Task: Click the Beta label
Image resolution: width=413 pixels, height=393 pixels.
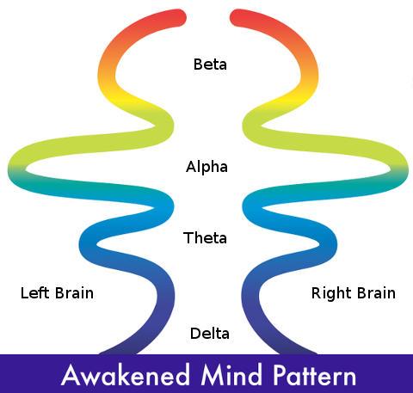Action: point(210,64)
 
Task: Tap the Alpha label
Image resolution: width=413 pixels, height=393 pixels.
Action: point(206,167)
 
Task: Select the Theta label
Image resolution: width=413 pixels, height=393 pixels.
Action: point(205,237)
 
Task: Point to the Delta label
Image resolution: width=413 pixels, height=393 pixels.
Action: point(210,334)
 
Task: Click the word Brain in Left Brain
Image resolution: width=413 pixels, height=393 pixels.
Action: point(74,293)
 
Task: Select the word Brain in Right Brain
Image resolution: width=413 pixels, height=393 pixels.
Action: point(376,293)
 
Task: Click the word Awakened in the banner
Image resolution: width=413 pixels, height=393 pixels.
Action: point(126,375)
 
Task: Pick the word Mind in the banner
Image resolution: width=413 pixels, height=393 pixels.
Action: point(231,374)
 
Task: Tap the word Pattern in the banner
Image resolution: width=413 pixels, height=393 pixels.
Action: point(314,375)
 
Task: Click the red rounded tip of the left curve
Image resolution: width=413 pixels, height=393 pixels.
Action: point(178,18)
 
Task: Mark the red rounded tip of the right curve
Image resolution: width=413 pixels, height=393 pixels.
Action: point(238,18)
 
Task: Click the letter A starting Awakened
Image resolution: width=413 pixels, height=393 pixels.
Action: point(70,375)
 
